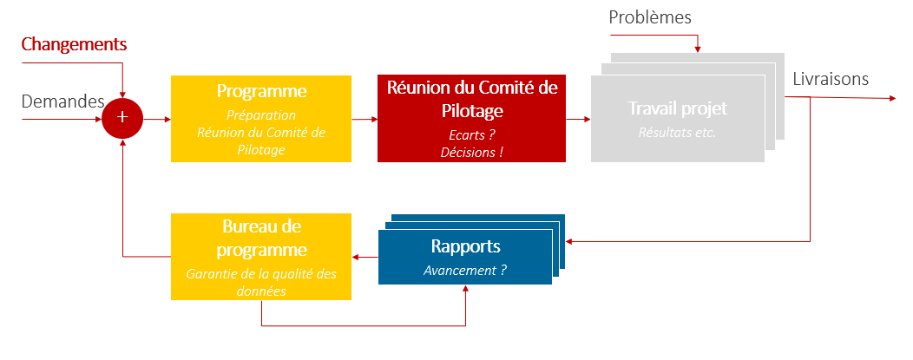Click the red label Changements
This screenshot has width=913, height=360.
tap(74, 44)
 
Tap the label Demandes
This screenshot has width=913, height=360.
tap(62, 101)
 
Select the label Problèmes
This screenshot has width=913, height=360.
tap(650, 17)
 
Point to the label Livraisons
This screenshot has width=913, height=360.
tap(830, 79)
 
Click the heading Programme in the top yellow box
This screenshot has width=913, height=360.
tap(261, 91)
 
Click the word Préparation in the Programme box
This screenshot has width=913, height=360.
tap(261, 115)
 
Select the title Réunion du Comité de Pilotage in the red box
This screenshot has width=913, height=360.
tap(472, 99)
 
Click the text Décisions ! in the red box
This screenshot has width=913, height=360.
tap(471, 151)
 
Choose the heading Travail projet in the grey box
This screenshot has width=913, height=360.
tap(677, 109)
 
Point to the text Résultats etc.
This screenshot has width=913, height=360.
tap(677, 133)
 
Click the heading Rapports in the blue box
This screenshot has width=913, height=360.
tap(465, 246)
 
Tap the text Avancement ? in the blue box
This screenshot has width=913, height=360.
tap(465, 270)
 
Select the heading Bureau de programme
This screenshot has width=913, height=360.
tap(261, 239)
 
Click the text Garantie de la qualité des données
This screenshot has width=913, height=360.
tap(261, 283)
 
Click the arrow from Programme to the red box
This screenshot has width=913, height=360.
tap(364, 118)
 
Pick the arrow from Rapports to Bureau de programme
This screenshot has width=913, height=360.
tap(365, 257)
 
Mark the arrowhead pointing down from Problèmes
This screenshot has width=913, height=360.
tap(698, 48)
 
